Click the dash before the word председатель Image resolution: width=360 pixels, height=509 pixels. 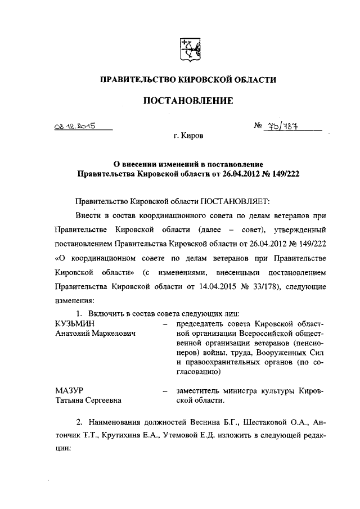point(165,325)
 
